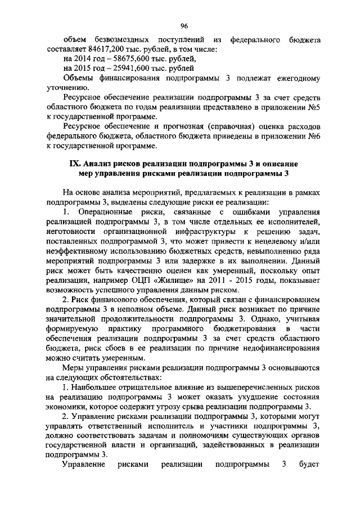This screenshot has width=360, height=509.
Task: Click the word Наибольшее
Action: click(94, 387)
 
